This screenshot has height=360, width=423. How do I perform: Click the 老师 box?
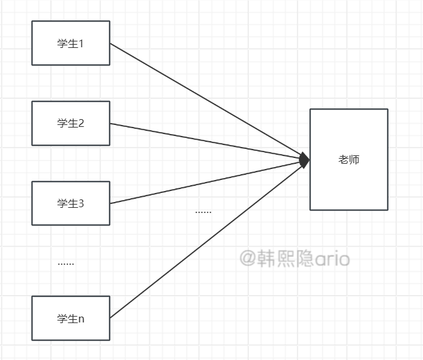pos(349,188)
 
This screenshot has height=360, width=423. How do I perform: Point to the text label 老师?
pos(349,159)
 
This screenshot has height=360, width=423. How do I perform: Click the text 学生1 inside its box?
pos(70,44)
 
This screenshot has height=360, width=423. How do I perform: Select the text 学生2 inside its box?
pos(70,124)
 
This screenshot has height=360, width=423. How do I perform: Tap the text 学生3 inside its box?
pos(70,204)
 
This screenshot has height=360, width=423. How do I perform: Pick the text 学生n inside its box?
pos(70,319)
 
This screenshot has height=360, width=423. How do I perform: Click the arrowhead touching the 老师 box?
pos(305,159)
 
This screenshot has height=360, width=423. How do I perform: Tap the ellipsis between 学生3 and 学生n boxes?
pos(66,264)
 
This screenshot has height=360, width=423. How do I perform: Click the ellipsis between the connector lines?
pos(203,212)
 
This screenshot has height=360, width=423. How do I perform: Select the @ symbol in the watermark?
pos(248,259)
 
